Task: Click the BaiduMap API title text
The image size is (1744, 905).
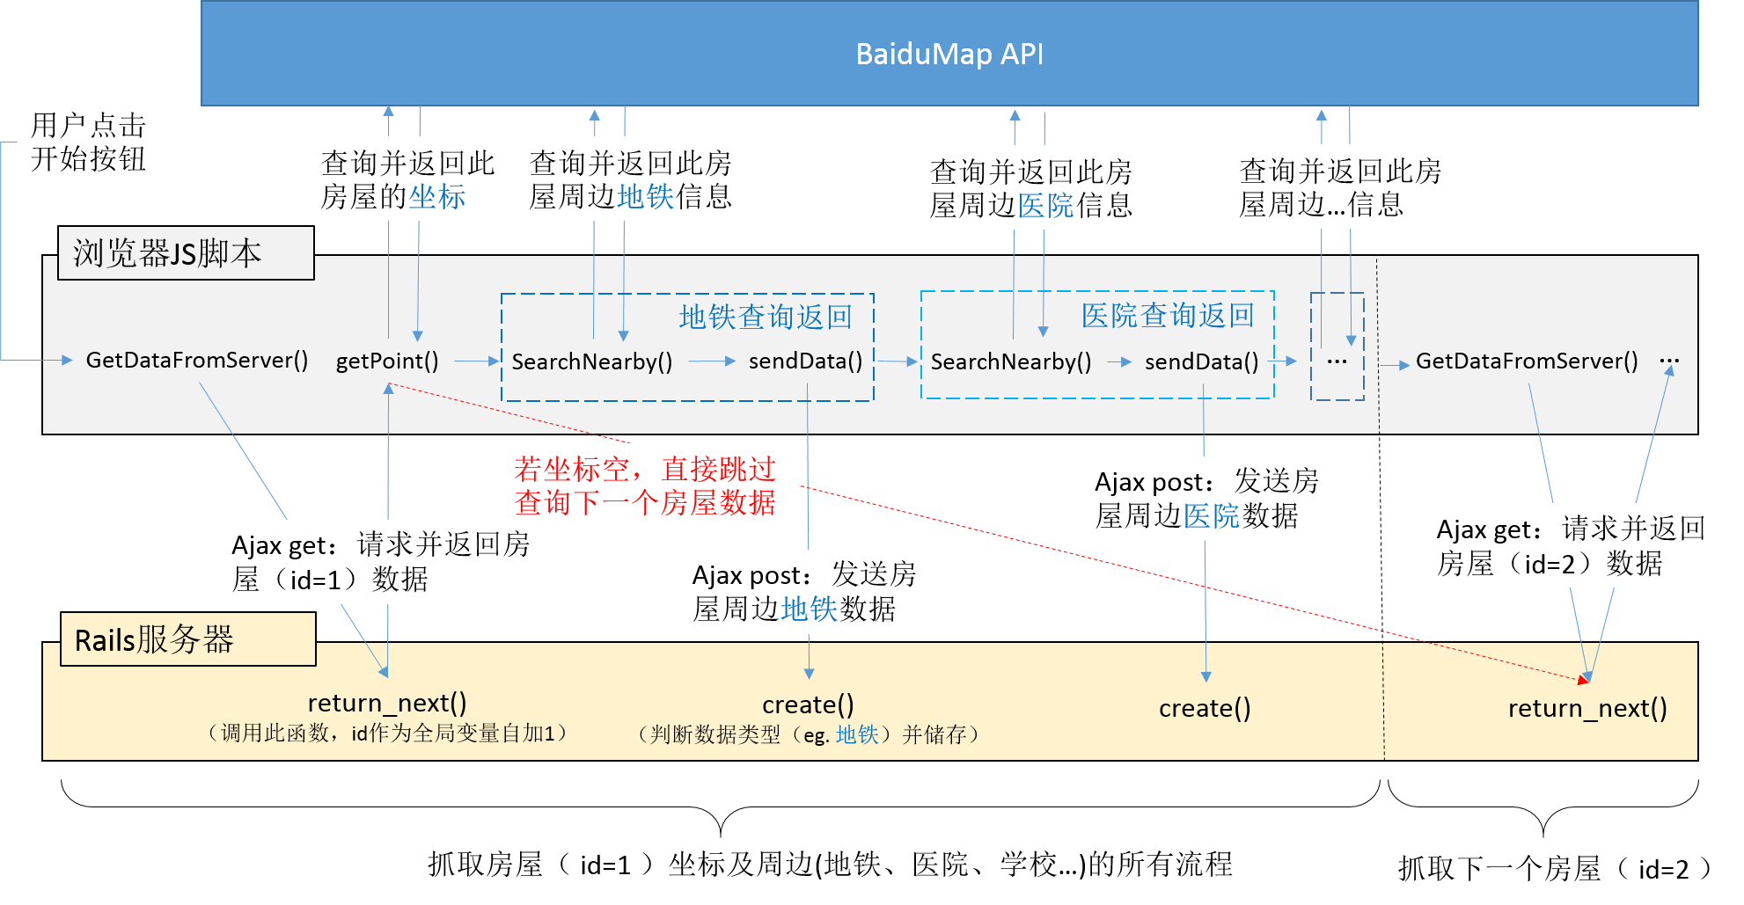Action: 949,55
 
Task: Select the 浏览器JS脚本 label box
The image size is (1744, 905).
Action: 186,253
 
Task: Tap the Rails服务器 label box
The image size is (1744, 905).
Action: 187,639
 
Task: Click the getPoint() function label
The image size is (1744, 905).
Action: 387,361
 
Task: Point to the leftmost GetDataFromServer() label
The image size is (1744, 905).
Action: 196,360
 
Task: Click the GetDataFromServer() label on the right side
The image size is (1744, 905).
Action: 1526,361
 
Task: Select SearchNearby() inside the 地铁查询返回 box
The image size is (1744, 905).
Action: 591,361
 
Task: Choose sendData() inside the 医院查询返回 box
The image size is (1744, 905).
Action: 1201,361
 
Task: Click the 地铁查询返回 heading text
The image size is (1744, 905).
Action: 765,317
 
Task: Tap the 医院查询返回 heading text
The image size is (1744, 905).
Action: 1167,315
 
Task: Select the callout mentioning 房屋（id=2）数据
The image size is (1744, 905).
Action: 1572,545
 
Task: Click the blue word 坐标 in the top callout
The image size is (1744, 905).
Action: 436,196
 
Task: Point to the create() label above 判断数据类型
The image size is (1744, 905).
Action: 808,704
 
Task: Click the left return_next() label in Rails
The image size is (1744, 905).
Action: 387,703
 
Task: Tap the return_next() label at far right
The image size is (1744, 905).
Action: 1586,708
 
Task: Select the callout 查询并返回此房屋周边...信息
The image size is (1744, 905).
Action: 1348,187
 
